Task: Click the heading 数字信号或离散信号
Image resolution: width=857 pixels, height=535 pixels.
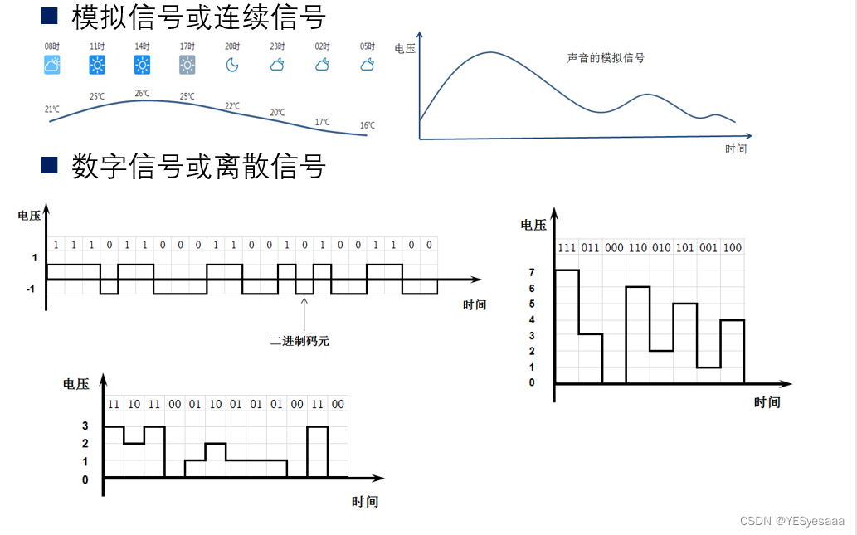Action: (x=198, y=166)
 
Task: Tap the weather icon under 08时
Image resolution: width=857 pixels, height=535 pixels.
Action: (x=52, y=65)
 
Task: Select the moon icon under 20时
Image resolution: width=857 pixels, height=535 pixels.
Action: (x=232, y=64)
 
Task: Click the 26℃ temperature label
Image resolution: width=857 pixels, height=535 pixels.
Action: (x=143, y=93)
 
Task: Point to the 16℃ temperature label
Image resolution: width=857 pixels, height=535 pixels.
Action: (x=367, y=125)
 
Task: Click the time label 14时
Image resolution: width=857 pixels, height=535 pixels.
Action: (x=143, y=46)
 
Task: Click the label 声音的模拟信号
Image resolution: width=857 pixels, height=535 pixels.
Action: (x=606, y=58)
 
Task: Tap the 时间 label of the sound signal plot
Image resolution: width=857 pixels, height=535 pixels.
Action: (x=735, y=149)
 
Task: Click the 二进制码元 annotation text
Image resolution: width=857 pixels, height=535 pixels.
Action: (x=299, y=340)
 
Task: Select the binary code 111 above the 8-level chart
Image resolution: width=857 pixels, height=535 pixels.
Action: (x=567, y=248)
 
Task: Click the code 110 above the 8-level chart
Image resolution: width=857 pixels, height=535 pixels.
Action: (x=637, y=248)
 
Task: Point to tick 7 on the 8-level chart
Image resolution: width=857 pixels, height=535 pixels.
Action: (x=532, y=272)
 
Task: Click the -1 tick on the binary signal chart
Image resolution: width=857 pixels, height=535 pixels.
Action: (x=30, y=289)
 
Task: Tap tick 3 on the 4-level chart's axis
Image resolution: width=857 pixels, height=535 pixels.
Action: (x=85, y=426)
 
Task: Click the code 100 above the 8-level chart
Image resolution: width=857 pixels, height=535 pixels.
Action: (x=733, y=248)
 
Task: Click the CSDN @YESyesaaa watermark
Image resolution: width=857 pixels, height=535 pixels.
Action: (x=791, y=521)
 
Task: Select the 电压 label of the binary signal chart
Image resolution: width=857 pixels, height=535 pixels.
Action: (x=29, y=216)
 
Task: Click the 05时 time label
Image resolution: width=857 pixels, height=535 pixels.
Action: (x=368, y=46)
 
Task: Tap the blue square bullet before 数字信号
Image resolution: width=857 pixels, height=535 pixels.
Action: (x=50, y=165)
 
